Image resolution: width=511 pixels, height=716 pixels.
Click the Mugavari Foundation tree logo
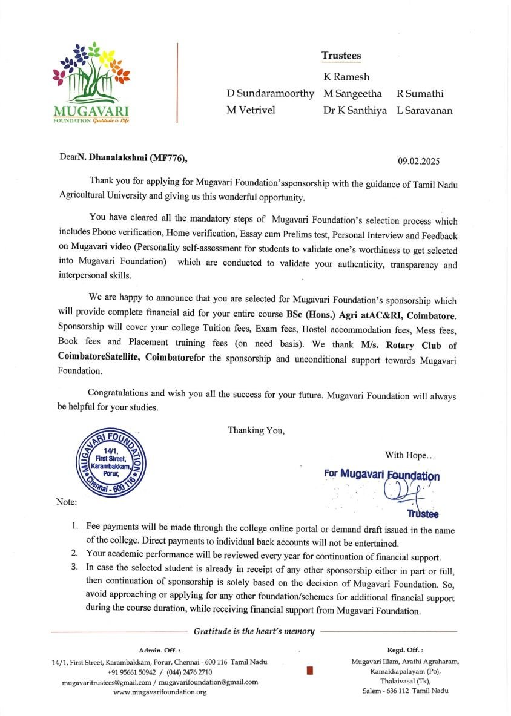click(x=91, y=82)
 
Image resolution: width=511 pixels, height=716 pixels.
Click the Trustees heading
click(x=341, y=56)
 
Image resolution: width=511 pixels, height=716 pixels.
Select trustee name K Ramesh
click(x=346, y=77)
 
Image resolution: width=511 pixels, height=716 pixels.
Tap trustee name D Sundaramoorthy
click(x=270, y=94)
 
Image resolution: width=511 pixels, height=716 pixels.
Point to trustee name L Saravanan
click(x=424, y=111)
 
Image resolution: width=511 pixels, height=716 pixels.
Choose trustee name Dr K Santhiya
click(x=355, y=111)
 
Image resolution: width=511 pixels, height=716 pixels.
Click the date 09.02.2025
click(x=418, y=161)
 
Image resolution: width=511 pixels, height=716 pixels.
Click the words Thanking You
click(x=255, y=430)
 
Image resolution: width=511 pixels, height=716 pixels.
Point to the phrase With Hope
click(x=409, y=455)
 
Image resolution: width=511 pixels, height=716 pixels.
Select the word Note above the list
click(x=66, y=502)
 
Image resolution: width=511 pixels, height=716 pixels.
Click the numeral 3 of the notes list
click(x=74, y=567)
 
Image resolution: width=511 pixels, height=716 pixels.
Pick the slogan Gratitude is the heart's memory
click(x=254, y=631)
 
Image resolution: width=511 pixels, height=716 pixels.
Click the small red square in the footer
click(x=310, y=670)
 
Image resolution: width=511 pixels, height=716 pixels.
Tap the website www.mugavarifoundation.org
click(x=160, y=691)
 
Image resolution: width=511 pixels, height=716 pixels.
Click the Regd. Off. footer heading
click(x=405, y=649)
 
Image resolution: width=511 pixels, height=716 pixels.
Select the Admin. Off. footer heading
click(x=160, y=649)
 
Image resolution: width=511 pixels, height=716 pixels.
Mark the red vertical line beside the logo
click(x=177, y=83)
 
